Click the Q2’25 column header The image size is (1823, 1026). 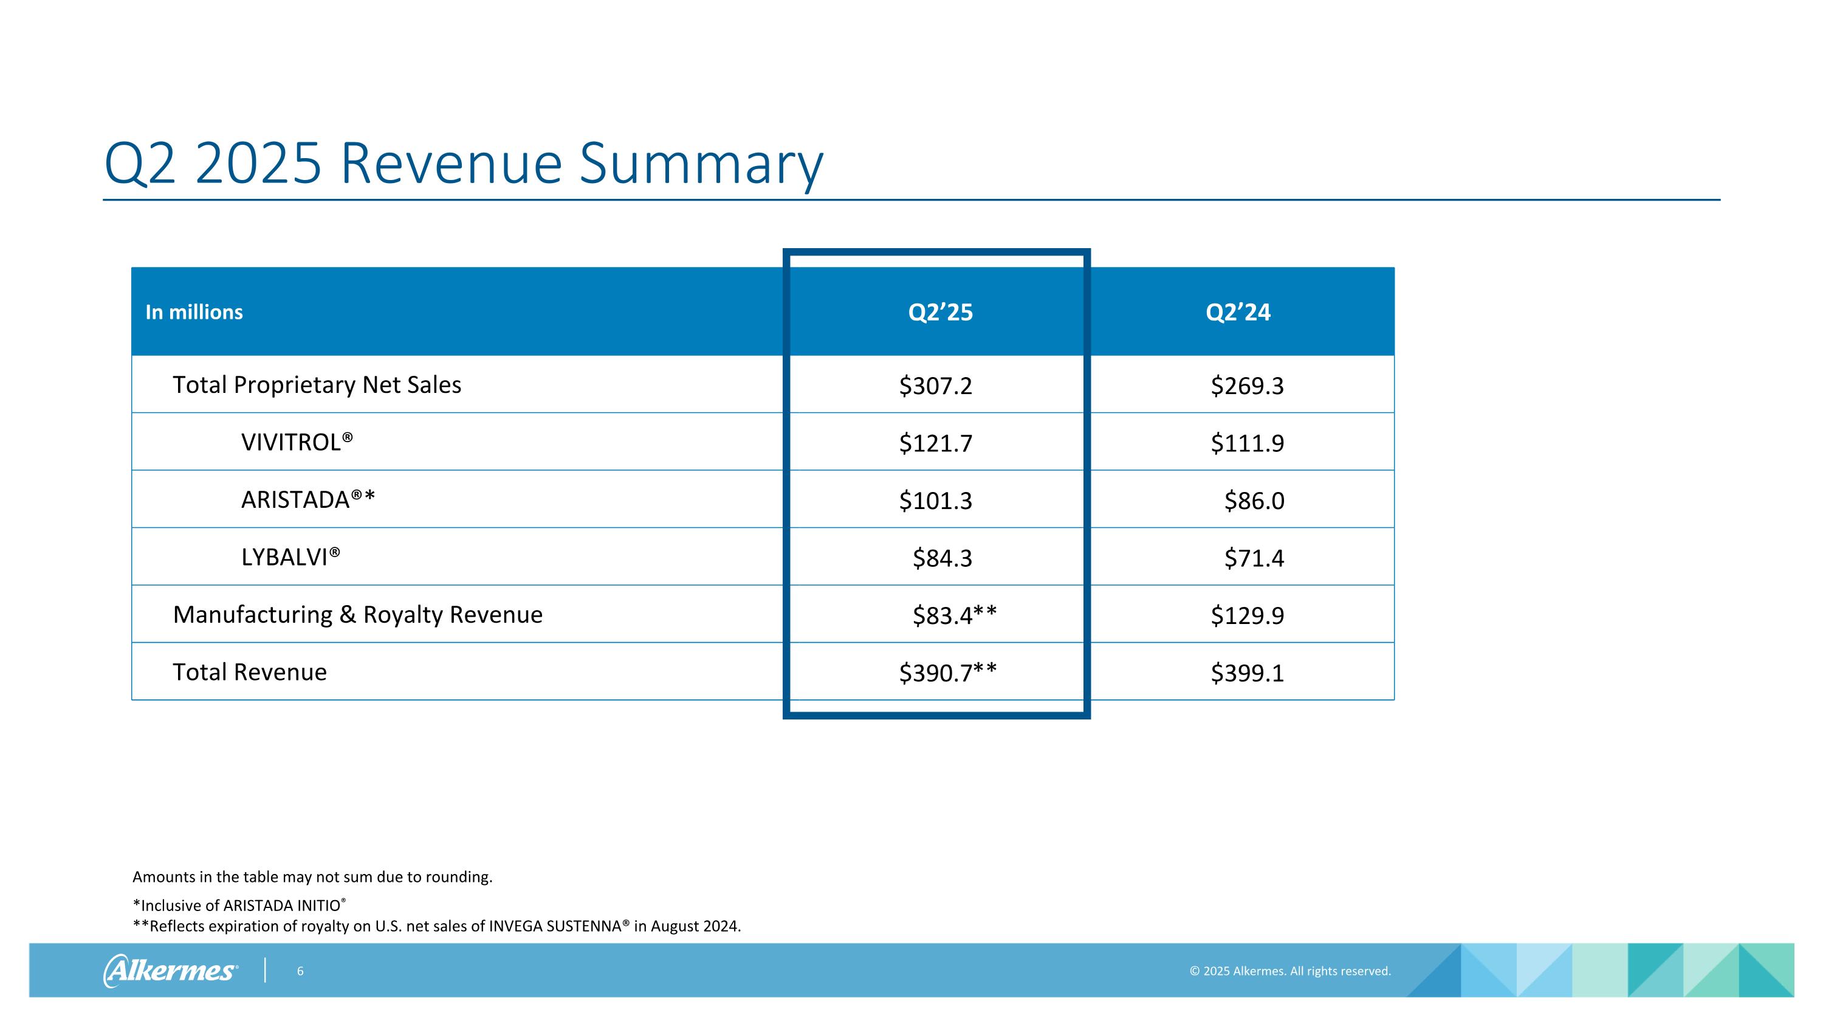coord(940,312)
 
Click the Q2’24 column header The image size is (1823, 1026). coord(1238,312)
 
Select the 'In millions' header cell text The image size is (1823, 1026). coord(194,312)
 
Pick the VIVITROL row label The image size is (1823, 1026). coord(297,443)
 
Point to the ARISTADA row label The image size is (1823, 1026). coord(308,500)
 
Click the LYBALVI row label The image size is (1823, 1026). coord(290,557)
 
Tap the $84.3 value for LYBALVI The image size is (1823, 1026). coord(942,558)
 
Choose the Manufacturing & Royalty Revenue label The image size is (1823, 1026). coord(357,615)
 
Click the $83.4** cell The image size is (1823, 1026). coord(953,615)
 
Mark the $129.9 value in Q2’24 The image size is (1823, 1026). coord(1246,615)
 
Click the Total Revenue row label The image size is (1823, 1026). coord(250,672)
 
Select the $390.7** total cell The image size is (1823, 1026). coord(947,673)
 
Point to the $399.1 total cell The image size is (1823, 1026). coord(1246,673)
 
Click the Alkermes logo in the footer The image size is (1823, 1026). coord(171,971)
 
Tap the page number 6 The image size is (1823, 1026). coord(300,971)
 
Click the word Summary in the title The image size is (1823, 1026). coord(701,164)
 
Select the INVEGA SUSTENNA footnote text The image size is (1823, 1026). coord(437,926)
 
